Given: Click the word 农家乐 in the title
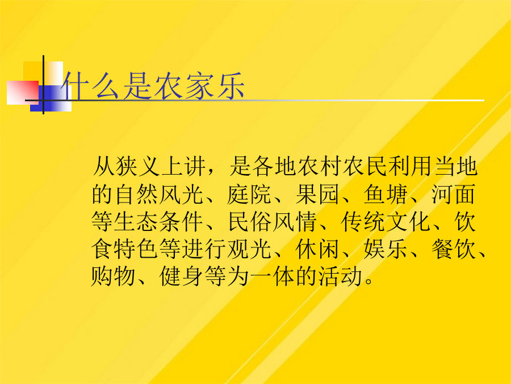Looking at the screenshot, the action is click(199, 86).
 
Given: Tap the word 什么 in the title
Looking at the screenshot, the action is click(91, 86).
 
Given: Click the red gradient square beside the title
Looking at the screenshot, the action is click(23, 93).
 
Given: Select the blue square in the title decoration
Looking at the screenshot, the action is click(51, 98).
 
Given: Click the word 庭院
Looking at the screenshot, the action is click(249, 195).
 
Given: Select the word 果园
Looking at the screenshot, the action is click(318, 195).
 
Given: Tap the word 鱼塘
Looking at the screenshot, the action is click(386, 195).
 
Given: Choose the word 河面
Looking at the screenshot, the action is click(454, 195).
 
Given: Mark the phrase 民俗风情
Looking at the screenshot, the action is click(272, 222).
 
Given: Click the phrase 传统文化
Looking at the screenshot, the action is click(386, 222).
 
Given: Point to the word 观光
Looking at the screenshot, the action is click(249, 249).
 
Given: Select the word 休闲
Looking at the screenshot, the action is click(318, 249).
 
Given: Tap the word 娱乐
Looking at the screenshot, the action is click(386, 249).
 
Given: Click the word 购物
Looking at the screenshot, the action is click(113, 276).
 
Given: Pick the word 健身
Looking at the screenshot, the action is click(181, 276).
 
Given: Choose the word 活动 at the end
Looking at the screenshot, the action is click(341, 276).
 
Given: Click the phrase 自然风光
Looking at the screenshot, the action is click(159, 195).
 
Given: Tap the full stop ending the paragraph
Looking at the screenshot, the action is click(369, 281).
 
